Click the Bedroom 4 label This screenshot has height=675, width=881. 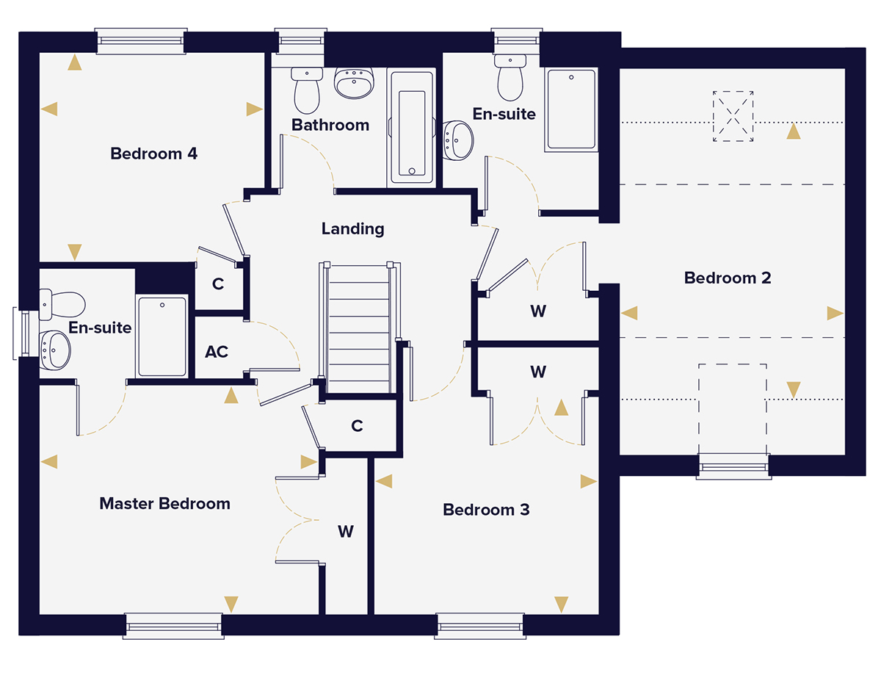tap(154, 154)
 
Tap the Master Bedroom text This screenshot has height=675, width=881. tap(164, 504)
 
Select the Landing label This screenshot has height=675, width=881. tap(352, 228)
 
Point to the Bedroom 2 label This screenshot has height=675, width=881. tap(727, 278)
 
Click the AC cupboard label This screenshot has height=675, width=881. tap(217, 352)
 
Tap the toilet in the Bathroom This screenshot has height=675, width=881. tap(307, 88)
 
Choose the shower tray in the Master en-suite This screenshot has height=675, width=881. tap(162, 336)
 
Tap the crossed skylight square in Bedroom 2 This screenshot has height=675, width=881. tap(733, 116)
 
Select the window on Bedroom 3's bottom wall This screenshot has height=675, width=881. tap(480, 625)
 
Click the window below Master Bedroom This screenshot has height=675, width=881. tap(173, 625)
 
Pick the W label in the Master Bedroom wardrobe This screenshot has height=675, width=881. tap(346, 531)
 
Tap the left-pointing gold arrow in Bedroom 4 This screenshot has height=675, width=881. tap(49, 109)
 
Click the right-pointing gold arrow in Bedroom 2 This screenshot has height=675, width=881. tap(835, 314)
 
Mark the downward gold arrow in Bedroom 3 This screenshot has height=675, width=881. tap(562, 604)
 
